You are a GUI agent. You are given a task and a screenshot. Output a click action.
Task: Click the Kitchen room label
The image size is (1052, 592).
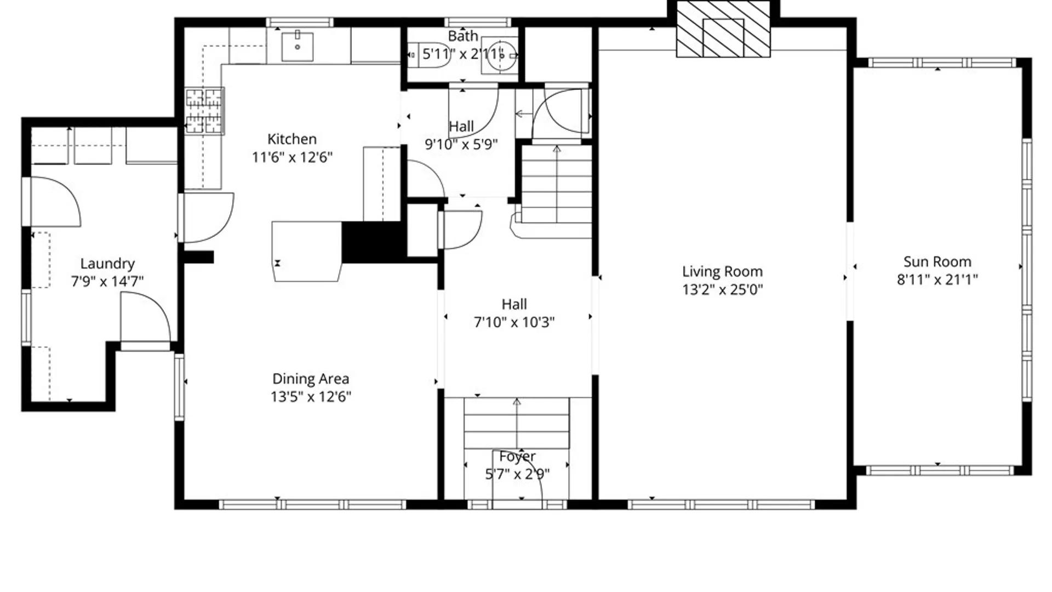[x=291, y=139]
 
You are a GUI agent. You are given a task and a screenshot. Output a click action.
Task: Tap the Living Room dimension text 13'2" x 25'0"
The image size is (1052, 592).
[x=722, y=289]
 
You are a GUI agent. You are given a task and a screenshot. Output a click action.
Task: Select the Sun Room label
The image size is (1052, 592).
[x=937, y=262]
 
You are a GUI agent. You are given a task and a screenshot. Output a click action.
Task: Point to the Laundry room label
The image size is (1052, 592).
[x=107, y=264]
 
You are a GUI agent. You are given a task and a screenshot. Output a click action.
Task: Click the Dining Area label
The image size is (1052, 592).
[x=310, y=379]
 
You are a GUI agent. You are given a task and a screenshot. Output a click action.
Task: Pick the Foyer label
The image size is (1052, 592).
[x=517, y=456]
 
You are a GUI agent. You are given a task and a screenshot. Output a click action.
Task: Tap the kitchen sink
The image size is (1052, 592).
[x=298, y=47]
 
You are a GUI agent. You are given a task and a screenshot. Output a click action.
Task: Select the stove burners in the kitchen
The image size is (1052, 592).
[x=204, y=111]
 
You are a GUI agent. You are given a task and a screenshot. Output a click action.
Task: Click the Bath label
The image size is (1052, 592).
[x=463, y=36]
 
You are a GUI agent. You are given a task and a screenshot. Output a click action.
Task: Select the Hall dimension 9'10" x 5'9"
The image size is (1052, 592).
[x=461, y=144]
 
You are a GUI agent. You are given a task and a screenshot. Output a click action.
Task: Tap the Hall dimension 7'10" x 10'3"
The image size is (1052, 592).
[x=514, y=322]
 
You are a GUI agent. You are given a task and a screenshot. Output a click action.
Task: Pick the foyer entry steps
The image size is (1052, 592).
[x=516, y=424]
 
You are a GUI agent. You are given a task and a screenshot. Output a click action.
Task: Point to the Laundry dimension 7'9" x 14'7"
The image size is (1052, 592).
[x=107, y=281]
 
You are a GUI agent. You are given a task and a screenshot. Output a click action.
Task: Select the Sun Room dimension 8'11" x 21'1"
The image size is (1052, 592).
[x=937, y=280]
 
